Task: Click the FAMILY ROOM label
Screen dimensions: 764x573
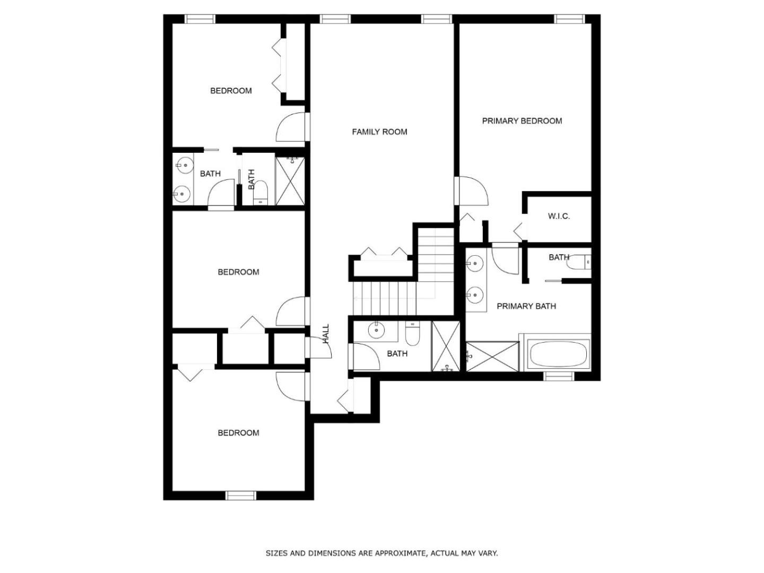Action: pyautogui.click(x=379, y=132)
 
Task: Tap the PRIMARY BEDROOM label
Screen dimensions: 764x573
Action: pyautogui.click(x=522, y=121)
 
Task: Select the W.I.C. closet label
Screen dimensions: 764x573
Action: pyautogui.click(x=559, y=216)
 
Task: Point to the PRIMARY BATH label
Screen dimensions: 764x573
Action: pyautogui.click(x=526, y=306)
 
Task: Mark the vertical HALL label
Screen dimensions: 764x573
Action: pyautogui.click(x=326, y=334)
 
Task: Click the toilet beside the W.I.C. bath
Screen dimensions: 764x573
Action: pyautogui.click(x=578, y=262)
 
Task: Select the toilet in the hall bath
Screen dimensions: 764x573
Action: pyautogui.click(x=412, y=333)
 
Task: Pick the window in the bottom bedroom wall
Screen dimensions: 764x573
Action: pyautogui.click(x=240, y=496)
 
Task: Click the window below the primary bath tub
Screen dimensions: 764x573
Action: pyautogui.click(x=559, y=376)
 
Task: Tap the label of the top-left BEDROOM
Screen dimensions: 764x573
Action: pyautogui.click(x=231, y=91)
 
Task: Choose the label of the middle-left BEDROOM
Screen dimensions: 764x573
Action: pyautogui.click(x=238, y=272)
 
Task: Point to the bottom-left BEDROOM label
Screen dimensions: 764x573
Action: pyautogui.click(x=238, y=433)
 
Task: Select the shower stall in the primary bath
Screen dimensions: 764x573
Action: pyautogui.click(x=492, y=356)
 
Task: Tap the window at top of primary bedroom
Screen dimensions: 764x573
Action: pyautogui.click(x=569, y=19)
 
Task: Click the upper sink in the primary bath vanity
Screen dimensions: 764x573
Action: pyautogui.click(x=474, y=263)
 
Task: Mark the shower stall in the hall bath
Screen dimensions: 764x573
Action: pyautogui.click(x=446, y=346)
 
